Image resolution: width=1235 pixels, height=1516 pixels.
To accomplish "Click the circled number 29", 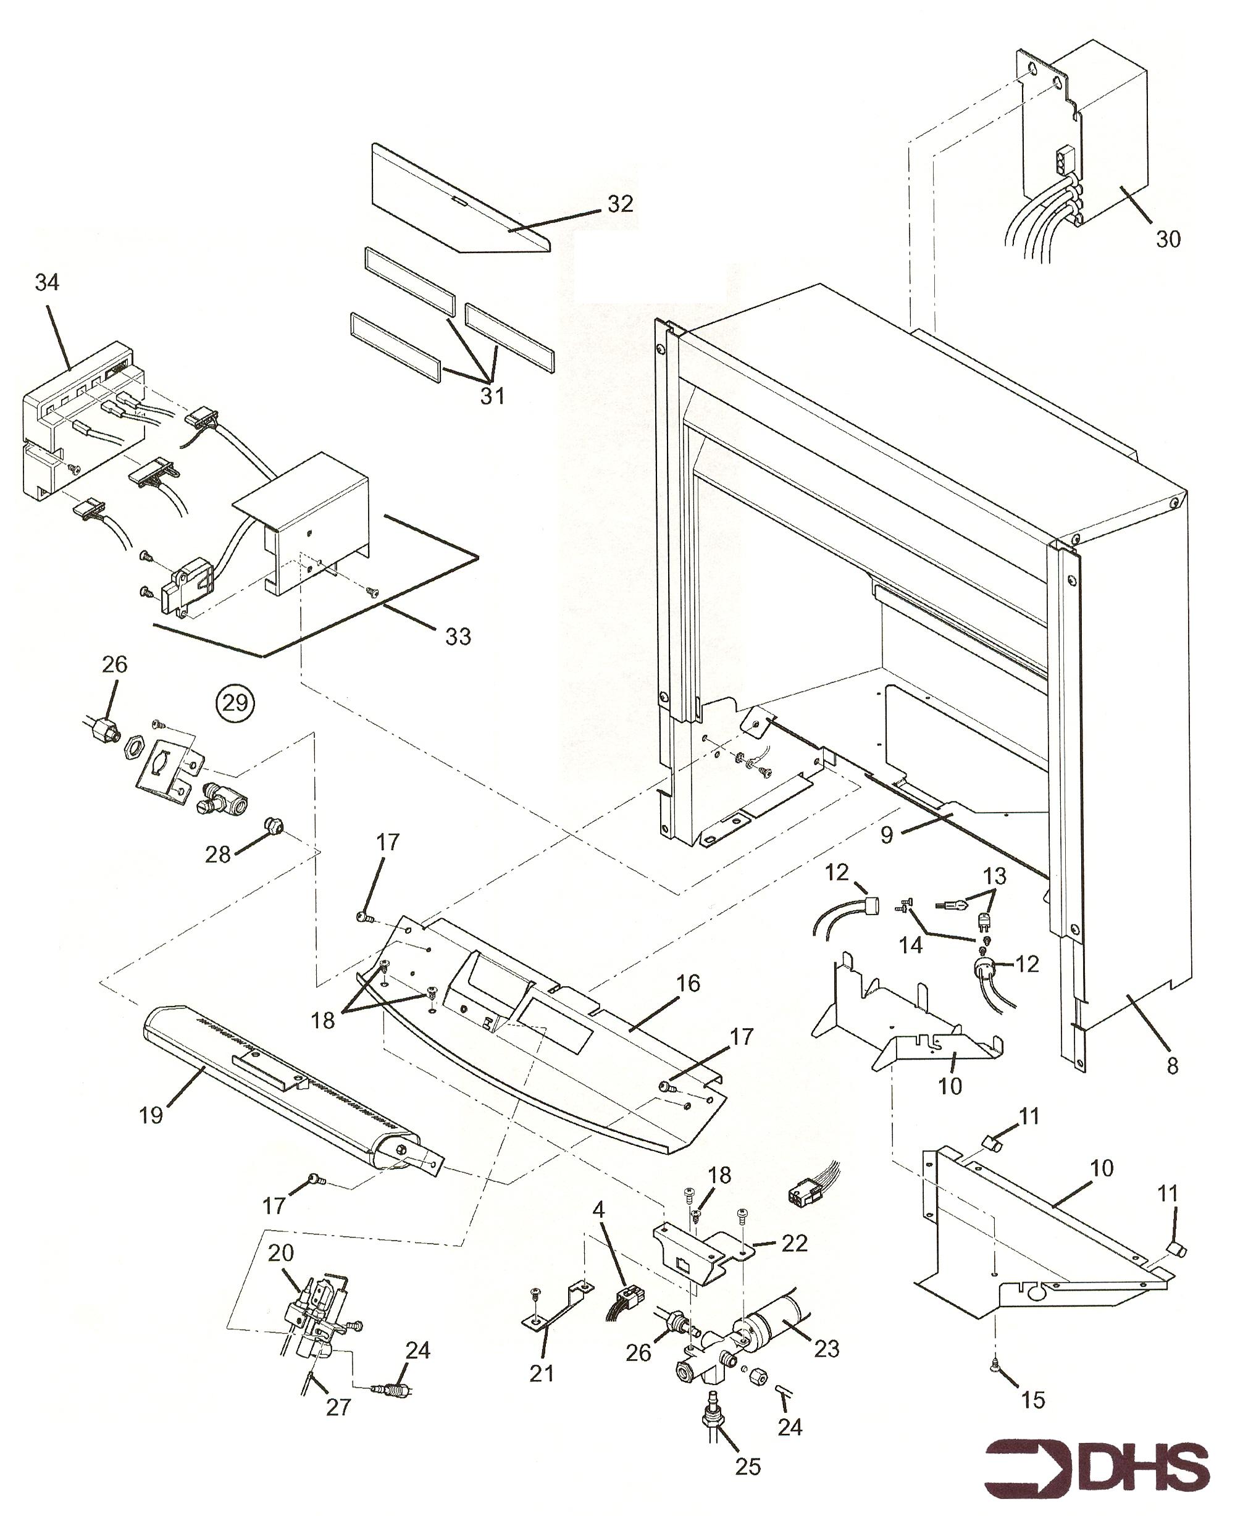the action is pyautogui.click(x=235, y=703).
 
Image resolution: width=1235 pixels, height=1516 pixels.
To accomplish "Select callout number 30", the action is pyautogui.click(x=1168, y=239).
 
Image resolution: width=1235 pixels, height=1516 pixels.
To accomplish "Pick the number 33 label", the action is pyautogui.click(x=458, y=636).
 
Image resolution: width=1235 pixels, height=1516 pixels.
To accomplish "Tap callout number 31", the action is pyautogui.click(x=492, y=396).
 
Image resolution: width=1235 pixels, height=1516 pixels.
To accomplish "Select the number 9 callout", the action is pyautogui.click(x=886, y=835).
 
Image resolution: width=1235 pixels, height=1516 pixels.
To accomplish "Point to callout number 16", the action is pyautogui.click(x=688, y=983).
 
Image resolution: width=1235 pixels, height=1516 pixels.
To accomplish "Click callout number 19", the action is pyautogui.click(x=151, y=1115).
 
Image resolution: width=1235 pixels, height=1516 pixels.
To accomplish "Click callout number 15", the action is pyautogui.click(x=1033, y=1399).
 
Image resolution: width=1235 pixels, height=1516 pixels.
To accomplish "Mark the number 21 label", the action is pyautogui.click(x=542, y=1373).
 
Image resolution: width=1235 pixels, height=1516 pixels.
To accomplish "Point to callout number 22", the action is pyautogui.click(x=795, y=1243).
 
